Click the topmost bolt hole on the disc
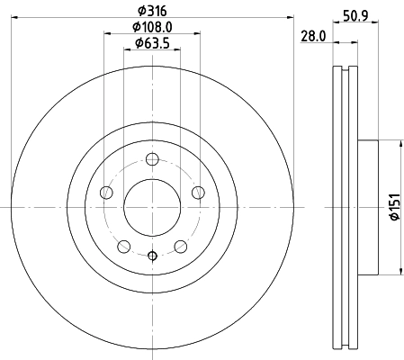tap(151, 161)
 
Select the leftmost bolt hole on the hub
tap(107, 193)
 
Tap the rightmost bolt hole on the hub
tap(196, 193)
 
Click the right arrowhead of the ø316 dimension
tap(292, 16)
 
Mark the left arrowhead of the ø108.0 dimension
tap(106, 33)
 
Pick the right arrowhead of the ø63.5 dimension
tap(178, 49)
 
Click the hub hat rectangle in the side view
tap(369, 207)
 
